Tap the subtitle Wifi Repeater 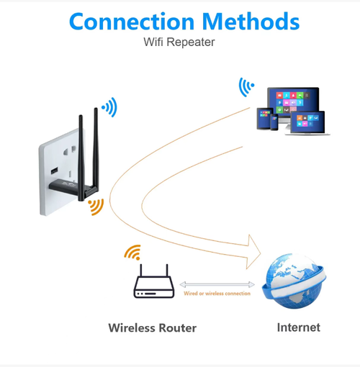(x=179, y=42)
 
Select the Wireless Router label (x=152, y=327)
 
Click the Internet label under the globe (x=298, y=327)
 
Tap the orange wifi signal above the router (x=132, y=253)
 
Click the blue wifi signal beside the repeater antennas (x=109, y=109)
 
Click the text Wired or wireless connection (x=217, y=294)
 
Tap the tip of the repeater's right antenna (x=96, y=110)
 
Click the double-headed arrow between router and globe (x=217, y=285)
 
